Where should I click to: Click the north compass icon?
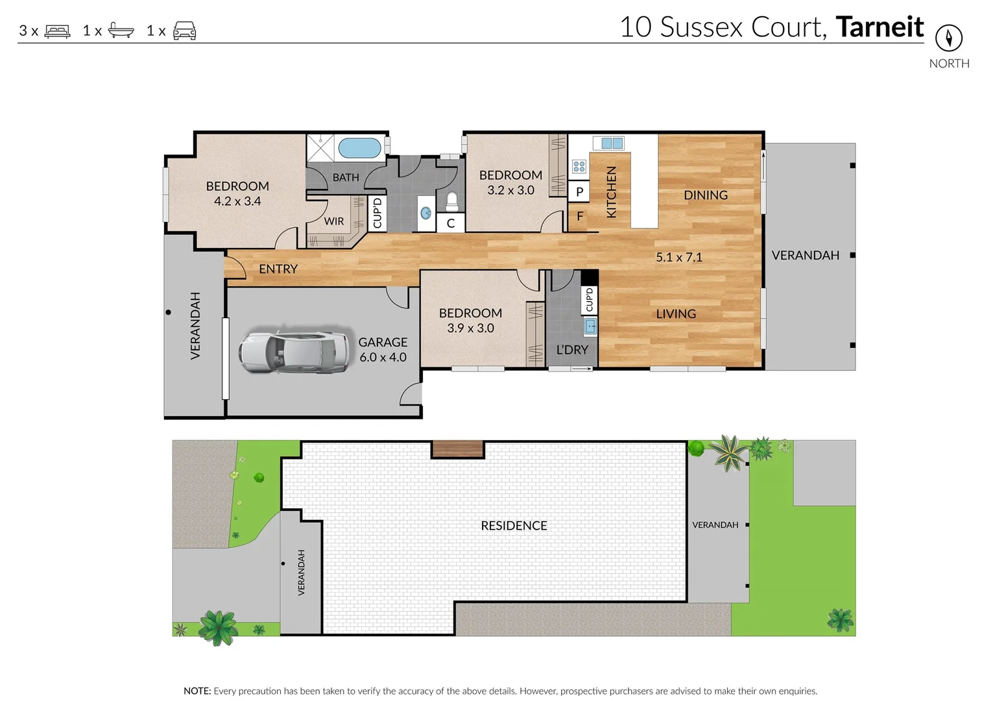point(948,38)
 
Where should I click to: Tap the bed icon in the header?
point(57,31)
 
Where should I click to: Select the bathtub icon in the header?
point(121,31)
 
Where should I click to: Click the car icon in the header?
point(184,31)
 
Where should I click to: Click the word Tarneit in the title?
point(880,27)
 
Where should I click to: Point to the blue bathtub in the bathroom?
point(359,147)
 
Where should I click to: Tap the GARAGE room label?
point(383,342)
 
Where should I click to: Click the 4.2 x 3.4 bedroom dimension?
point(237,201)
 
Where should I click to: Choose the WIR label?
point(334,221)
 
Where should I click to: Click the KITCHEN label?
point(611,192)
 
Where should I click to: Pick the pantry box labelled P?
point(579,191)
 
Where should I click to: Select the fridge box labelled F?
point(579,216)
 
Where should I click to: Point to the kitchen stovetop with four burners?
point(579,167)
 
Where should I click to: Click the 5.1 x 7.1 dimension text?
point(678,257)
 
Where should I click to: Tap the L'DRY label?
point(572,350)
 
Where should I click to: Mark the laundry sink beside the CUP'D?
point(590,326)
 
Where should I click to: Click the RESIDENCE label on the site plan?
point(514,526)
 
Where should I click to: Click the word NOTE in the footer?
point(197,691)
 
